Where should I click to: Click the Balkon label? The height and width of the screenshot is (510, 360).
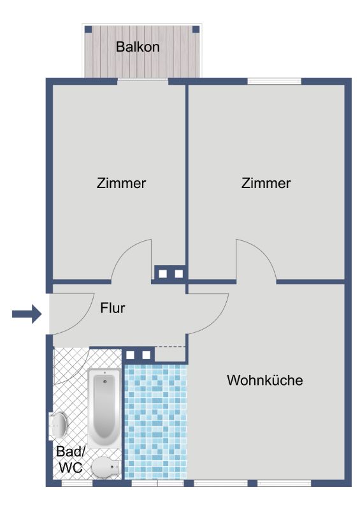click(138, 47)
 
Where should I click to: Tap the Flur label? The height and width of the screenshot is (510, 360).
click(113, 308)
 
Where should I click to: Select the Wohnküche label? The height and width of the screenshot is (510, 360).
click(264, 380)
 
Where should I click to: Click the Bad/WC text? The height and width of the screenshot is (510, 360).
click(71, 459)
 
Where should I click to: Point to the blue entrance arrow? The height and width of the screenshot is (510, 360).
click(27, 314)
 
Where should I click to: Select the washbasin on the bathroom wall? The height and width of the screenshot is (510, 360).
click(58, 425)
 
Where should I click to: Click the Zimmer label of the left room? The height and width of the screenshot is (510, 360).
click(121, 183)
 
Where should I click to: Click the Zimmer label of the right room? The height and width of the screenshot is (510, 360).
click(266, 183)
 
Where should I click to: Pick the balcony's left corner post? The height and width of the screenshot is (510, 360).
click(88, 29)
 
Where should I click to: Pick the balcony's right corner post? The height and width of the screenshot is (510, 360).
click(196, 29)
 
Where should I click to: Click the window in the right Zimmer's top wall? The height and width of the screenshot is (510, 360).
click(275, 81)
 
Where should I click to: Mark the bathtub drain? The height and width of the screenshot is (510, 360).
click(104, 381)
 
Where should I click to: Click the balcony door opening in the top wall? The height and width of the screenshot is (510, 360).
click(143, 81)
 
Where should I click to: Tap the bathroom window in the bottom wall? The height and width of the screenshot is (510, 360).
click(77, 483)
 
